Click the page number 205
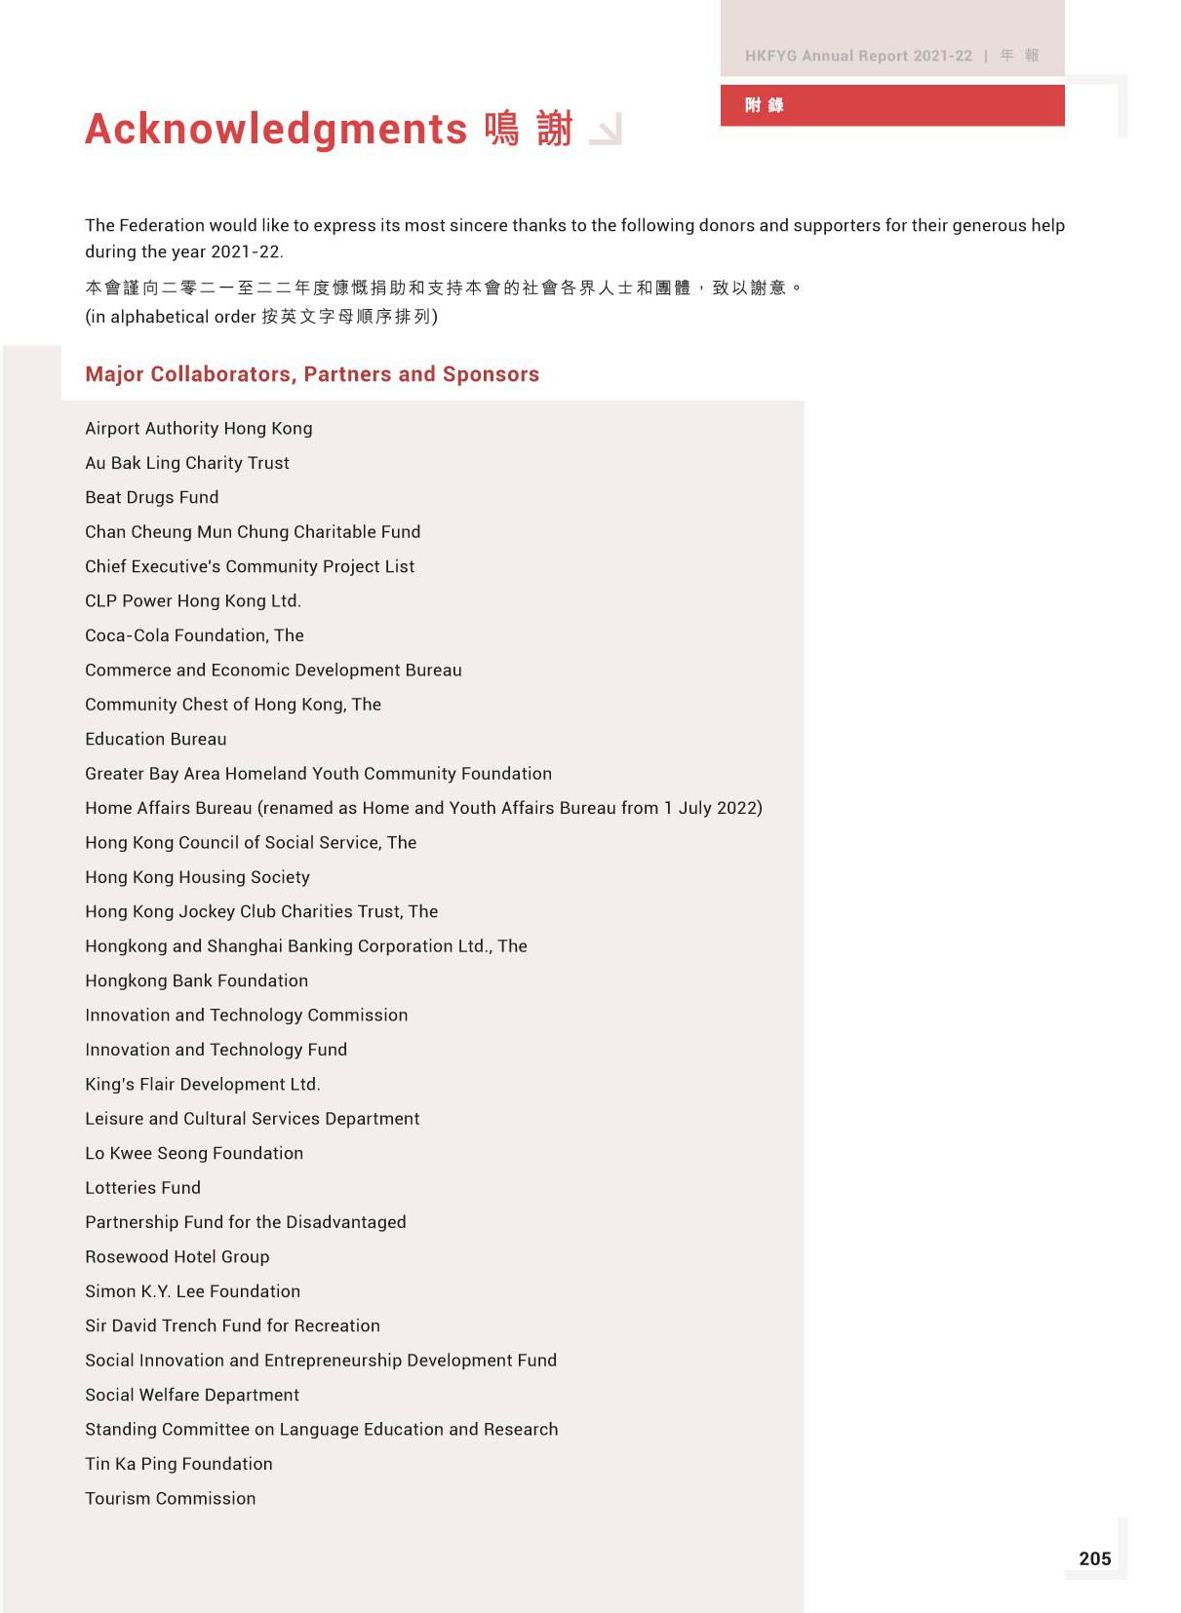(x=1094, y=1558)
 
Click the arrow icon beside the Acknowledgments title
(x=606, y=131)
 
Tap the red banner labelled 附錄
(x=891, y=105)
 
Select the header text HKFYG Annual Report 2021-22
(x=858, y=56)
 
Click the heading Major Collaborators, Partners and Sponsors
(x=312, y=374)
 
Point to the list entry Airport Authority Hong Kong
(x=199, y=428)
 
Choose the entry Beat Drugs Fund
(x=152, y=497)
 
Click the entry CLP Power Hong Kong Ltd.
(x=193, y=600)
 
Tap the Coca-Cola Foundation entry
(x=194, y=635)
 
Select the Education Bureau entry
(x=156, y=739)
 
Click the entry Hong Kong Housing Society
(x=197, y=877)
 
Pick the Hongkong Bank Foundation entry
(x=196, y=980)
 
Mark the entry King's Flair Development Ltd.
(x=203, y=1084)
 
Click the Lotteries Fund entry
(x=142, y=1187)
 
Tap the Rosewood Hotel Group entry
(x=177, y=1256)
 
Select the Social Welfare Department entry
(x=192, y=1395)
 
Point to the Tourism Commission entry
(x=171, y=1498)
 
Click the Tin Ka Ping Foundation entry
(x=178, y=1464)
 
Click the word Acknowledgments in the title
(x=276, y=129)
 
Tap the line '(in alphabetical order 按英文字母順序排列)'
(x=261, y=317)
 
